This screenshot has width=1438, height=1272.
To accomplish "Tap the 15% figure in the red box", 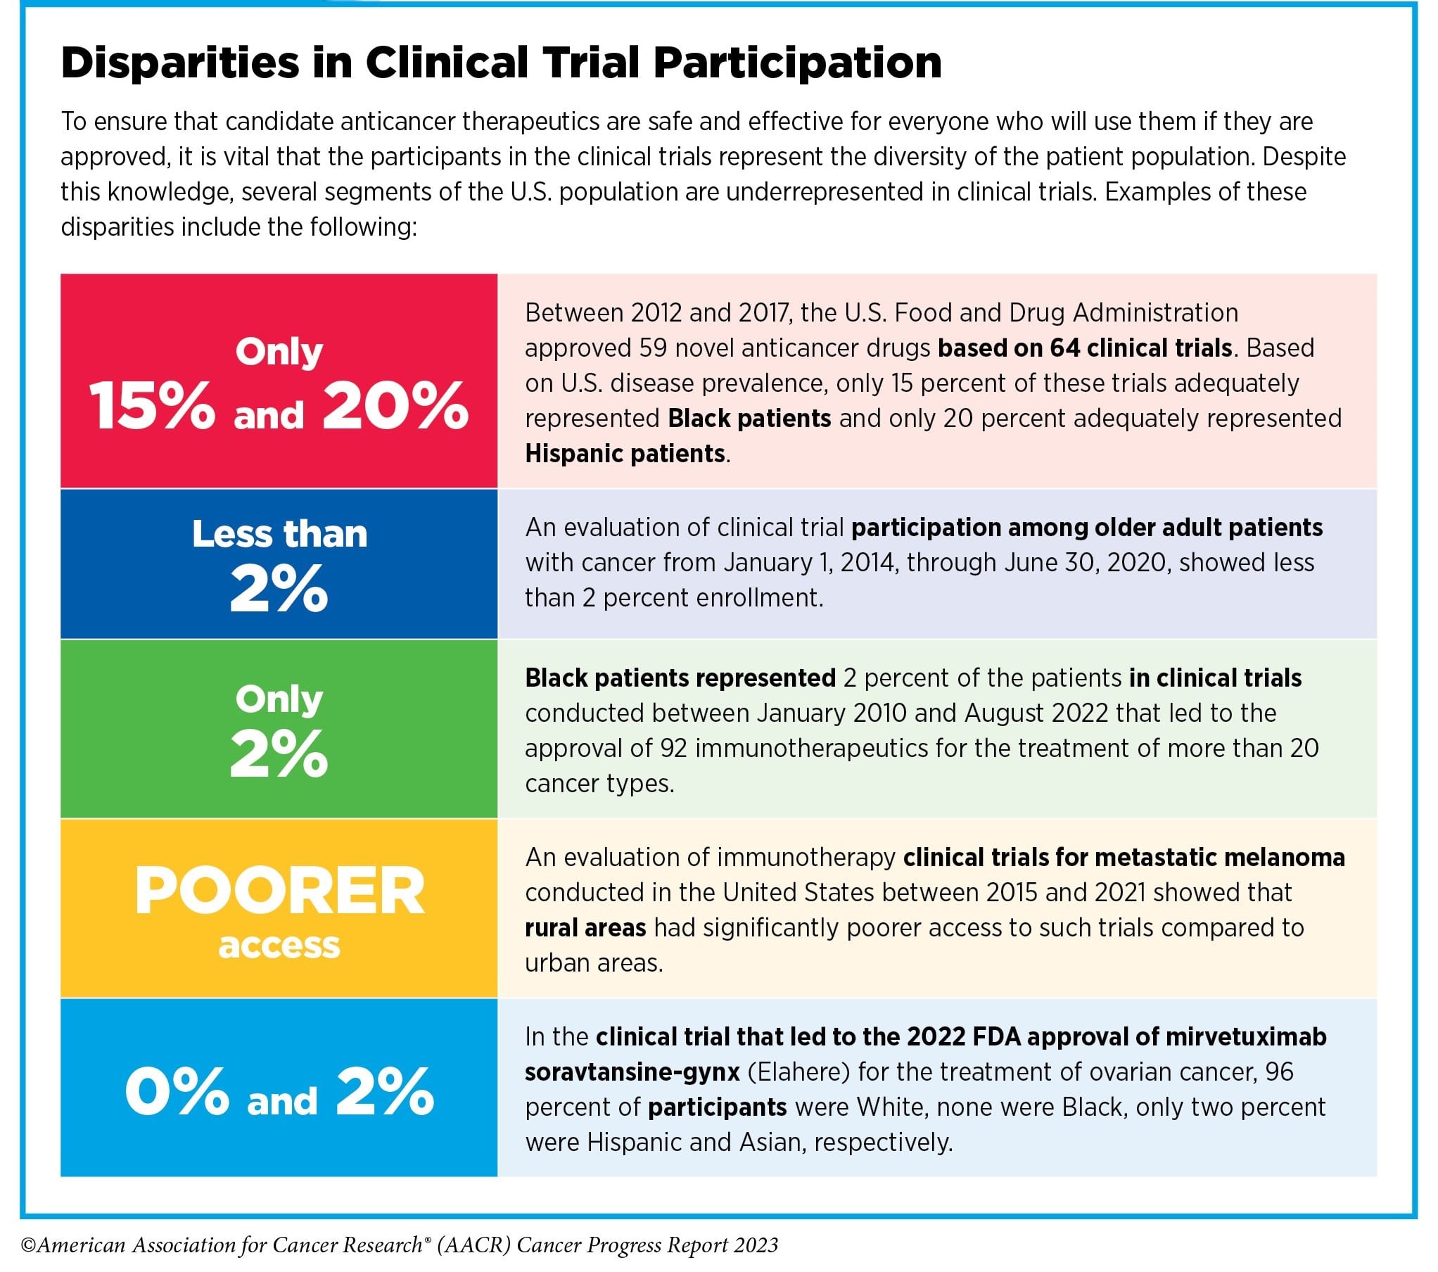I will click(x=152, y=406).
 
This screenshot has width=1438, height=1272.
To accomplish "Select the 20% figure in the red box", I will click(x=395, y=406).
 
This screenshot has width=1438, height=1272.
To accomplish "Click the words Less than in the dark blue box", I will click(x=279, y=534).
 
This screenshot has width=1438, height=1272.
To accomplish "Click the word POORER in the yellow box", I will click(x=279, y=891).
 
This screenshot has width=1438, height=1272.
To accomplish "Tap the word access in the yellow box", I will click(x=279, y=946).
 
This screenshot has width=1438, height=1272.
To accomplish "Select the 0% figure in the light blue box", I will click(x=177, y=1091).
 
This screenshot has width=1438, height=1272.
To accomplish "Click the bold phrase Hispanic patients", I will click(x=625, y=454).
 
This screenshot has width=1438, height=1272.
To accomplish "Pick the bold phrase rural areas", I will click(x=585, y=928).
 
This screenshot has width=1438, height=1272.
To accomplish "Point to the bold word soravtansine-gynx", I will click(x=632, y=1072).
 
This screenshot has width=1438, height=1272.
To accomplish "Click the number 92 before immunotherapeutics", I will click(x=673, y=749).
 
